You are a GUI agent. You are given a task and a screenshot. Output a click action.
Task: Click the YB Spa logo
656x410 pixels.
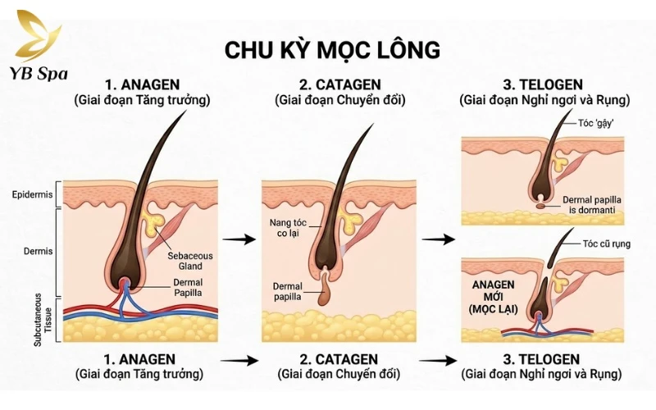tap(36, 46)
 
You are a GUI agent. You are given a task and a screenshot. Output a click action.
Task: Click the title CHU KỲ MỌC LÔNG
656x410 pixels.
tap(332, 49)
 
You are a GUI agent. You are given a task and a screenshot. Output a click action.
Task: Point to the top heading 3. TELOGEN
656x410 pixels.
tap(545, 85)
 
